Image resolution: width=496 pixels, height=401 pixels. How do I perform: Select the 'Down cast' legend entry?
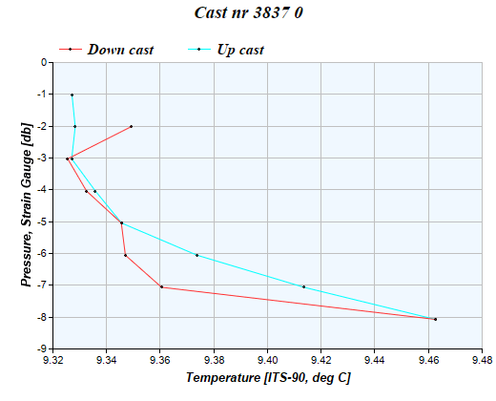(119, 49)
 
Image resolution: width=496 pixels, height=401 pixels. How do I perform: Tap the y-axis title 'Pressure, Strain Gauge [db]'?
(26, 204)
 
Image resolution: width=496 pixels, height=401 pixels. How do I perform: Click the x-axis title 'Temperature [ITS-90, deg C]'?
(268, 378)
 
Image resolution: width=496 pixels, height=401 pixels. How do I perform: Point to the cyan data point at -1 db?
(72, 95)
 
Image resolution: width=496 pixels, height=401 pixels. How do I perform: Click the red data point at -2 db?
(131, 126)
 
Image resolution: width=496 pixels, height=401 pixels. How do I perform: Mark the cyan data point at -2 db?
(74, 126)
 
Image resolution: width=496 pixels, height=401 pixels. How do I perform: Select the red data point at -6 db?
(125, 255)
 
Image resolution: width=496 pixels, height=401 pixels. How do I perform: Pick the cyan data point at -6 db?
(196, 255)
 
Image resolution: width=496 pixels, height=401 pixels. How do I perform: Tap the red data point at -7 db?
(161, 286)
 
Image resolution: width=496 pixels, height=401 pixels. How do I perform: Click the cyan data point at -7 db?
(303, 286)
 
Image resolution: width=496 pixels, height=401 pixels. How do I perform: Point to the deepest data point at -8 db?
(435, 319)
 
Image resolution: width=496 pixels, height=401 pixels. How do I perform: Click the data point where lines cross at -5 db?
(121, 222)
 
